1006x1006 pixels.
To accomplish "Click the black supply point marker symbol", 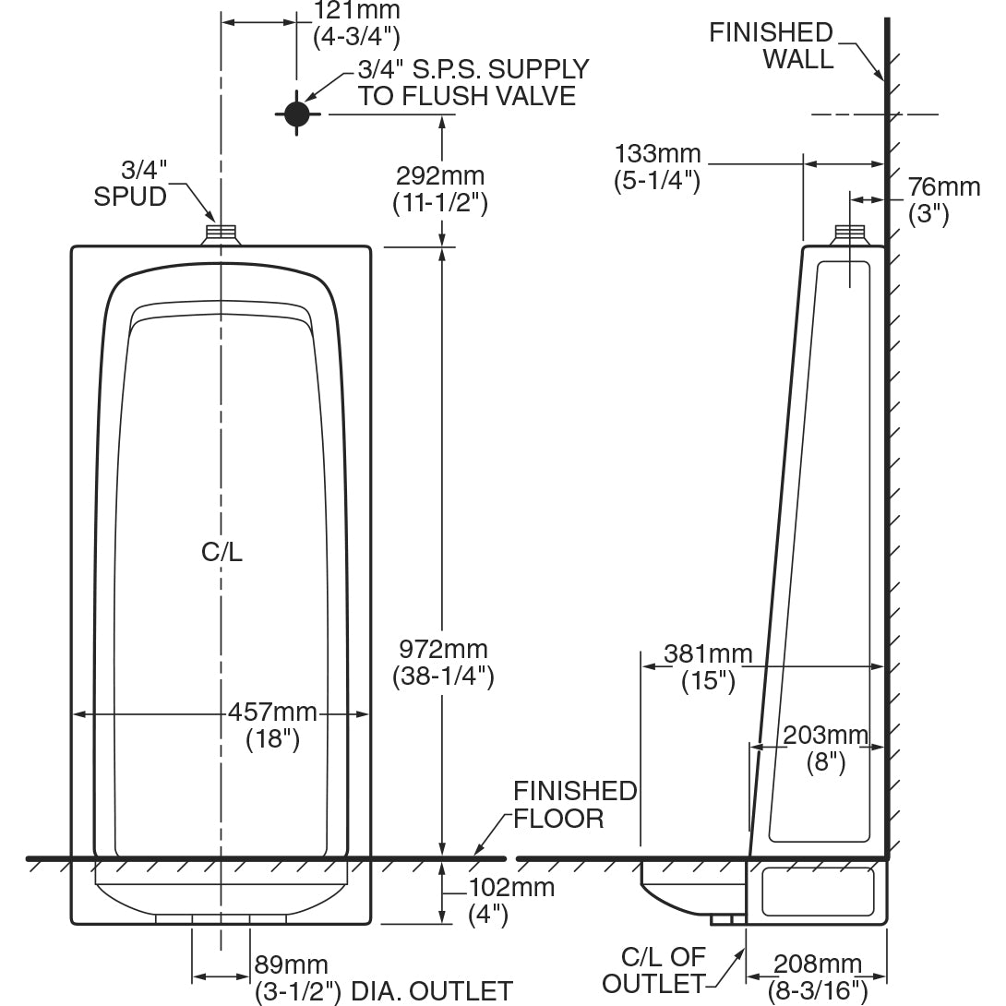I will coord(296,114).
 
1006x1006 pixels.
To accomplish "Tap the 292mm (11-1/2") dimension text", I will coord(439,188).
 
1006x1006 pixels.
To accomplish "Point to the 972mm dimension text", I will coord(443,663).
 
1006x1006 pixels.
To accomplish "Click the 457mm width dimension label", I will coord(272,725).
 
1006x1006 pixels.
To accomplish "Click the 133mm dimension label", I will coord(658,167).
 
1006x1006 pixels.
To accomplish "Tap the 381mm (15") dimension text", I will coord(708,667).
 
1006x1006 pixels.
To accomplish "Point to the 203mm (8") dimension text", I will coord(825,749).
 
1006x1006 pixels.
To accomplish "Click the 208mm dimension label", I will coord(817,977).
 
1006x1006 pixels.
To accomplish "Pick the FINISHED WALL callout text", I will coord(771,46).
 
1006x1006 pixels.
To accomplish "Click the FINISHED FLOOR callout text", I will coord(574,804).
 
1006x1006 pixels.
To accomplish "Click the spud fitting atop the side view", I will coord(849,234).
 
